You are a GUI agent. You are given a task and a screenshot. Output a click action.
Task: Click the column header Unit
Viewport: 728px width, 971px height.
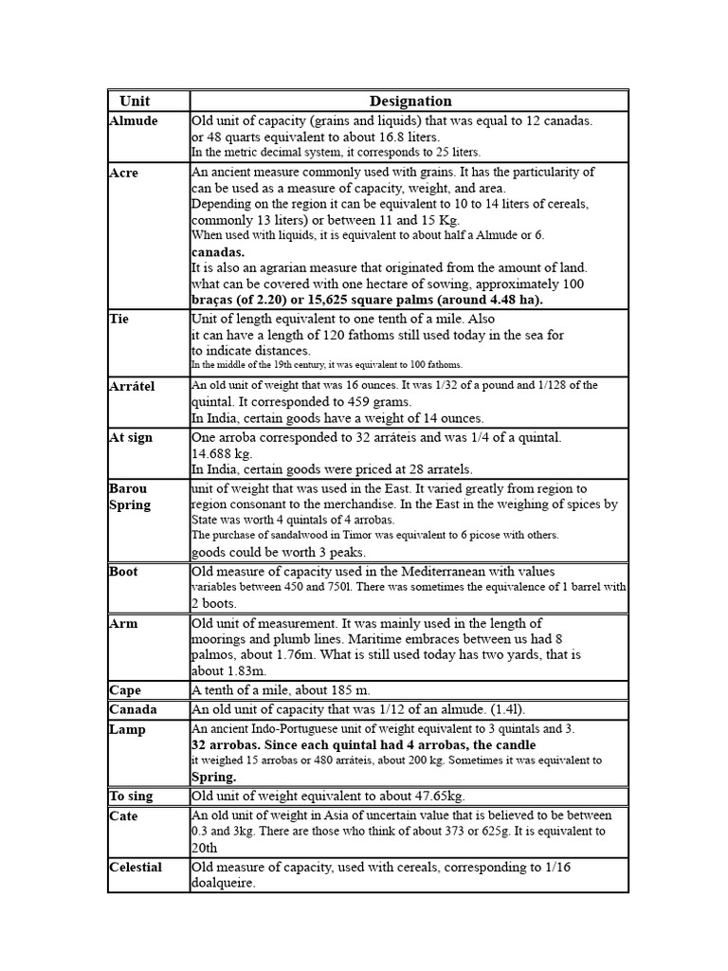click(x=135, y=101)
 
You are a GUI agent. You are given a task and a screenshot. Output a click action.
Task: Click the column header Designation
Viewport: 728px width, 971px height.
click(x=410, y=101)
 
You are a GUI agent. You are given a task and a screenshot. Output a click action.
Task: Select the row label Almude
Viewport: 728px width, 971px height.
click(x=134, y=121)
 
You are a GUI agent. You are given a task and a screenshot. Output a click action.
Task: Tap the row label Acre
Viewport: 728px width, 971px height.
click(x=123, y=174)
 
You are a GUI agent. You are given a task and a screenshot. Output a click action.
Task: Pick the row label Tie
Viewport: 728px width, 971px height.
click(x=119, y=320)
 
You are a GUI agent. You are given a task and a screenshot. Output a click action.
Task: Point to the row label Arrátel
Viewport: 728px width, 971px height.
click(x=132, y=387)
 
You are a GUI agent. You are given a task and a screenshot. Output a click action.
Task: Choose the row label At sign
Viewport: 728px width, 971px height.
click(x=131, y=438)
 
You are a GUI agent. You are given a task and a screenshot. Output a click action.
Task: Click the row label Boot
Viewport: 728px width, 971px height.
click(x=123, y=572)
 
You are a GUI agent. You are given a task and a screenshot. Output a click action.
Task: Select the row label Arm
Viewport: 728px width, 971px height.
click(x=122, y=624)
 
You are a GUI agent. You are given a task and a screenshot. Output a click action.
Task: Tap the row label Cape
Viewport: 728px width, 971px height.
click(x=125, y=691)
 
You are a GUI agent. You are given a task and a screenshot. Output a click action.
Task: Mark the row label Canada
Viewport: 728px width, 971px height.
click(x=133, y=710)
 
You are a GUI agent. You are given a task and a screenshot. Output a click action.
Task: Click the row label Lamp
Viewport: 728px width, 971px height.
click(x=127, y=730)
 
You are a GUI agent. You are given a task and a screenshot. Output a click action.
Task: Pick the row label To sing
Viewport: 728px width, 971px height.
click(x=131, y=797)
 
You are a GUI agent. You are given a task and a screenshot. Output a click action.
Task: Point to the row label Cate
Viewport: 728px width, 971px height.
click(x=123, y=816)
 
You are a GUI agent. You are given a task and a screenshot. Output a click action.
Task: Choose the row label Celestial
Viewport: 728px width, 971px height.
click(x=136, y=868)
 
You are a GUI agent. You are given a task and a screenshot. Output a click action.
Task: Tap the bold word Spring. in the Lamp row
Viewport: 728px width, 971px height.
click(x=214, y=777)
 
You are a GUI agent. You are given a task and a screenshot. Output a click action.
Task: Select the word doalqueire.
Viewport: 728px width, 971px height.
click(x=224, y=884)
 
